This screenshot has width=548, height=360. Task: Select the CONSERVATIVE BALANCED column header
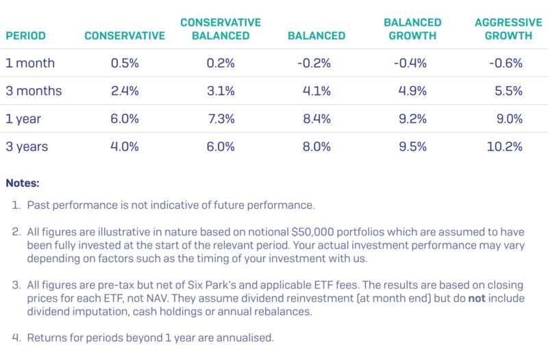[x=221, y=29]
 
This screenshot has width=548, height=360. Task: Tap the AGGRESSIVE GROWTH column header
[x=503, y=29]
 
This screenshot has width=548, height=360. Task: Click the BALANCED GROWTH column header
[x=412, y=29]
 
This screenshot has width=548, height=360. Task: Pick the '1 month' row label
[x=30, y=63]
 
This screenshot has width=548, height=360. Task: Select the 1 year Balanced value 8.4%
[x=316, y=119]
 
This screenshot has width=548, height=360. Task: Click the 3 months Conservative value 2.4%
[x=125, y=91]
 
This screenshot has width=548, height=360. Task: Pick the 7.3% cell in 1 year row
[x=221, y=119]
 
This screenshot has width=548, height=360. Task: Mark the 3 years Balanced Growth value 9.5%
[x=412, y=146]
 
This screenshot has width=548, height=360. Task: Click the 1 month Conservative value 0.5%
[x=125, y=63]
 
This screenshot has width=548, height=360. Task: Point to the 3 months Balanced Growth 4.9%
[x=412, y=91]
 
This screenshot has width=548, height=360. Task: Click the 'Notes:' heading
[x=23, y=183]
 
